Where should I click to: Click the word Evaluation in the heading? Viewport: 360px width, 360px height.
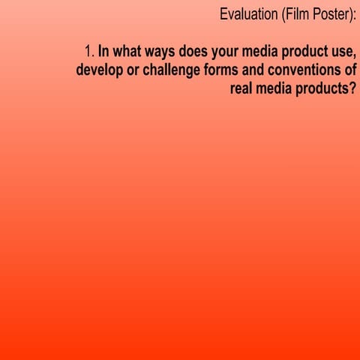(x=249, y=15)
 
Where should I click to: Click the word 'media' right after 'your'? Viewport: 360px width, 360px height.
(x=267, y=52)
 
